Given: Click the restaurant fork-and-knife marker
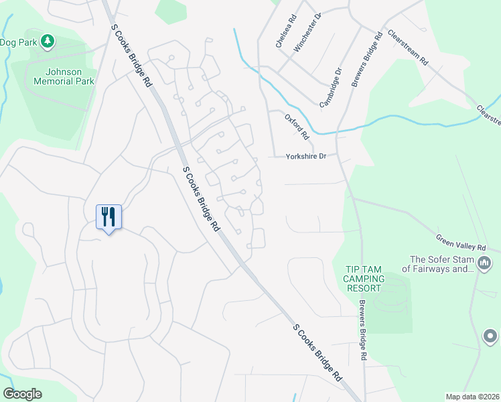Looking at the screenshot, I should point(109,217).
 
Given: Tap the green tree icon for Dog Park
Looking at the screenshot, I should point(47,42).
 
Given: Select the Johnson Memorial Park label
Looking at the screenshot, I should point(64,76).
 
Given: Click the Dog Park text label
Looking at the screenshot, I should point(18,42).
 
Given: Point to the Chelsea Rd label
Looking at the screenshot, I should point(285,32).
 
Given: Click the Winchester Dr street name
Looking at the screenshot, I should point(309,33).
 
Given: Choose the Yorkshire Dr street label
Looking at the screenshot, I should point(305,156).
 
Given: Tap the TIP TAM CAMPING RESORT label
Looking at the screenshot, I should point(364,278).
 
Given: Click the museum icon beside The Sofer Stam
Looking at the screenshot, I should point(485,260).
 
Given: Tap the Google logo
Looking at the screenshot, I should point(23,394).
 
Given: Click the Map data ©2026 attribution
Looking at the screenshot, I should point(472,397).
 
